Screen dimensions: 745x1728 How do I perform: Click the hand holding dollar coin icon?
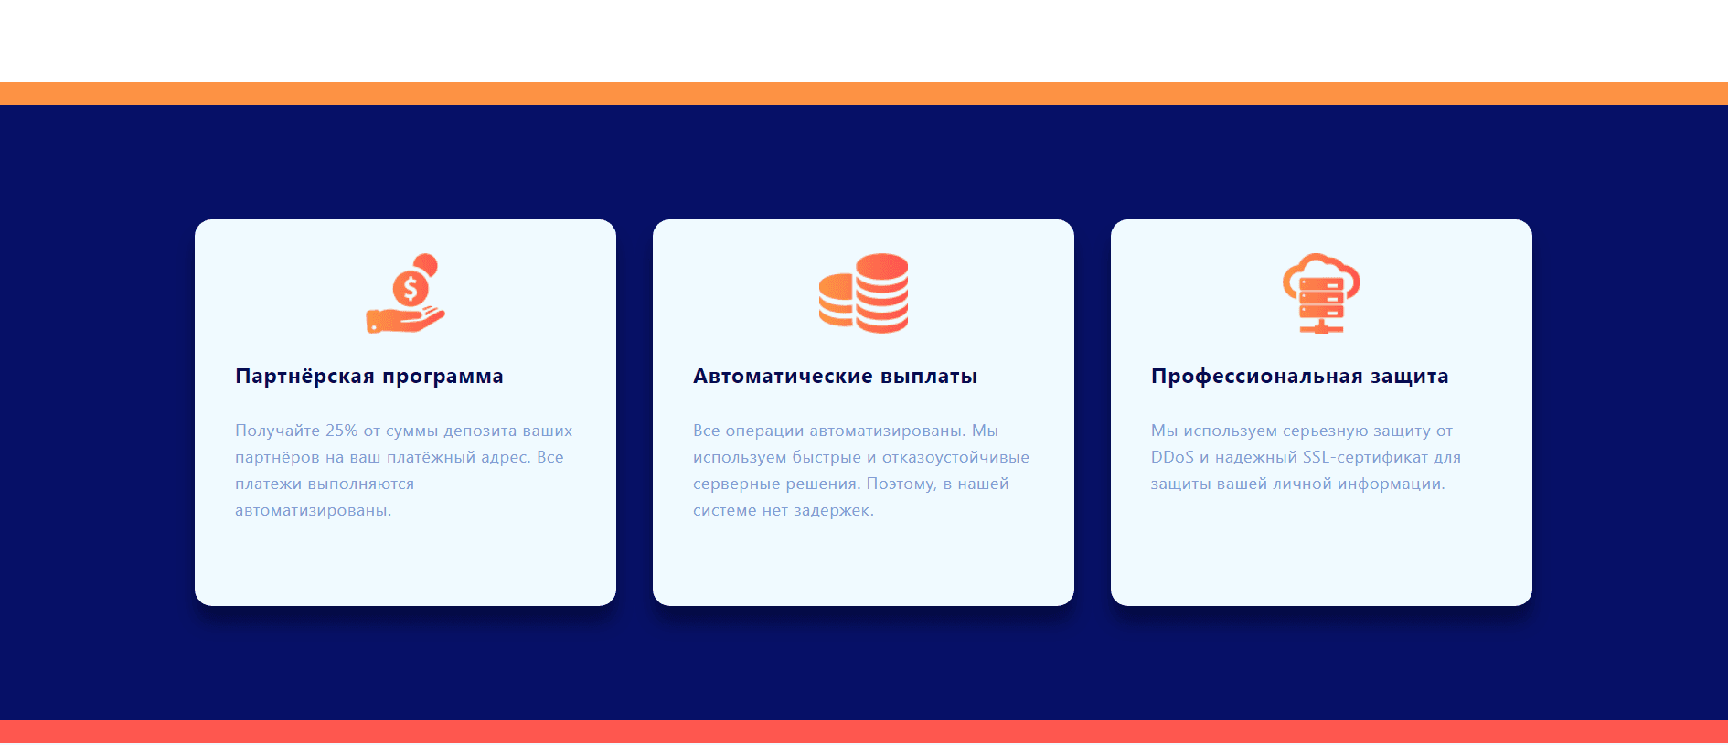pos(405,294)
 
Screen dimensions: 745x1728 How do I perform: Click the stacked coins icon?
pos(863,293)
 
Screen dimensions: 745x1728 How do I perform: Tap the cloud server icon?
pos(1321,293)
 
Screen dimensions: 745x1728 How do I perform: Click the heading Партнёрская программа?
pos(368,377)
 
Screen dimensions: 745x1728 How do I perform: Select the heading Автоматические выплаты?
pos(835,377)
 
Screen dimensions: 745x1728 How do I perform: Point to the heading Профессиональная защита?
pos(1299,377)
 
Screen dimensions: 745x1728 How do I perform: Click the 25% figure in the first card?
pos(342,431)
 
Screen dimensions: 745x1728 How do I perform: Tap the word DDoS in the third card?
pos(1172,457)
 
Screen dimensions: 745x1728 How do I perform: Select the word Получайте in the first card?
pos(277,431)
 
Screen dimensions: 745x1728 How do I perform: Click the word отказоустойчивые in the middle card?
pos(955,457)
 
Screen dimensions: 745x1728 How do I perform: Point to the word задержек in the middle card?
pos(833,510)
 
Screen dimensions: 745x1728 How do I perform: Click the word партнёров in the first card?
pos(277,457)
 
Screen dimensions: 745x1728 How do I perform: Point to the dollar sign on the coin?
pos(411,289)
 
